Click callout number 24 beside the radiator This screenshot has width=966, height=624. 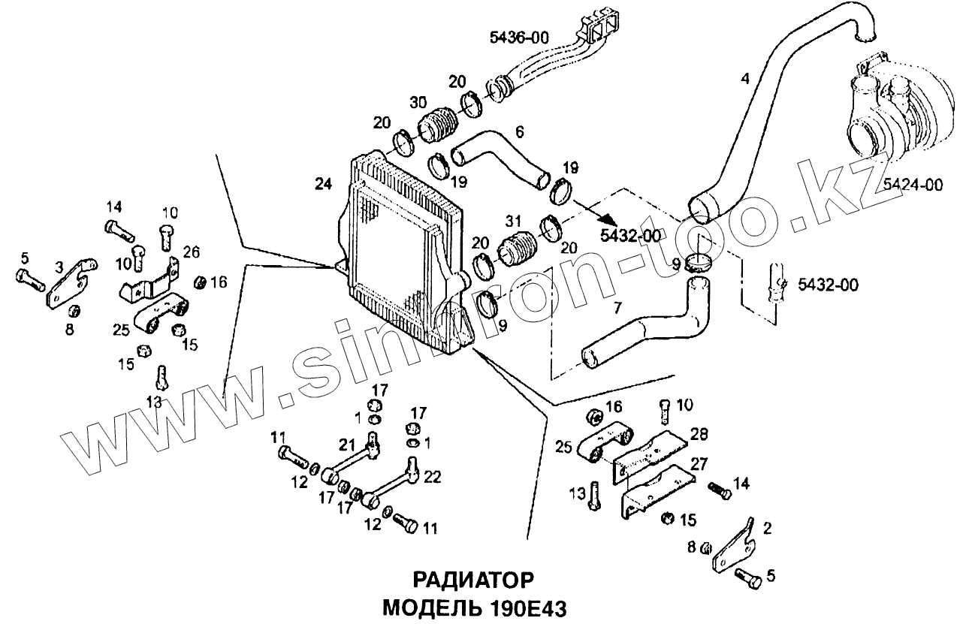[322, 182]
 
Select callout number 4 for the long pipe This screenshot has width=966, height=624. [744, 78]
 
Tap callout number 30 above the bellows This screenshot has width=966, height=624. [419, 101]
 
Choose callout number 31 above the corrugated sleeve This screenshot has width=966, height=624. [513, 222]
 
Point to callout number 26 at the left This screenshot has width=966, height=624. [192, 251]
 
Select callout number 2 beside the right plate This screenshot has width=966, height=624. [765, 529]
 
